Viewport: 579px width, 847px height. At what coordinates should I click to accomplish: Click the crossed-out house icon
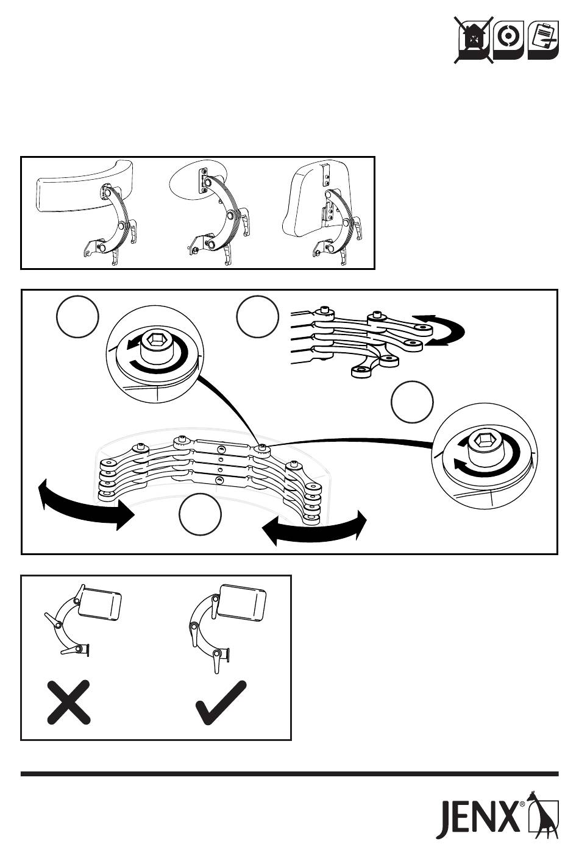pos(474,40)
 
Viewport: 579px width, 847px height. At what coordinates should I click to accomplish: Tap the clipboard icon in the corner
pos(543,40)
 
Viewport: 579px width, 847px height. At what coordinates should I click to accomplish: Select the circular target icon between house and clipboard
pos(509,40)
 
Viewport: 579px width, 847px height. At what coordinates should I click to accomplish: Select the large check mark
pos(221,702)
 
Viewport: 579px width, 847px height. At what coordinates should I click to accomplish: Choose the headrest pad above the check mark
pos(242,603)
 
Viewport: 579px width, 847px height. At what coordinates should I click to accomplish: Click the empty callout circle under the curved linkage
pos(200,514)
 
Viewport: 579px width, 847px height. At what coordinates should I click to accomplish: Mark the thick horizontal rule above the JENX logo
pos(289,774)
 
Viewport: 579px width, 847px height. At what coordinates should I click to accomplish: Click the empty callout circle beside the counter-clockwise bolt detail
pos(77,316)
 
